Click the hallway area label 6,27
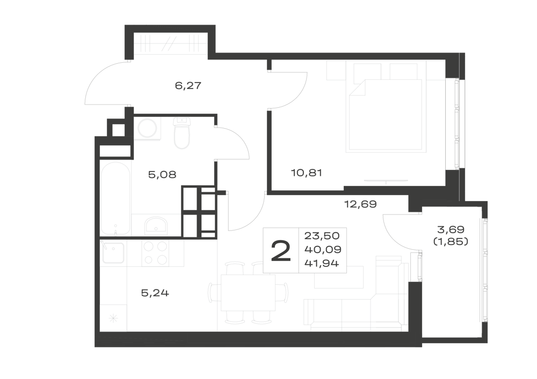[x=188, y=85]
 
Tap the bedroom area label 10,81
[x=307, y=173]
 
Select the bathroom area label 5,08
[x=162, y=175]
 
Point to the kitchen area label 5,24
[x=155, y=293]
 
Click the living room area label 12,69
[x=360, y=204]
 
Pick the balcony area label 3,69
[x=451, y=229]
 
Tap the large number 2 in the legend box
[x=281, y=250]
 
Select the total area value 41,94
[x=322, y=263]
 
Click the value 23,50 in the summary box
[x=322, y=236]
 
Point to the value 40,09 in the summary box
[x=323, y=249]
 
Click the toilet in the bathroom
[x=182, y=133]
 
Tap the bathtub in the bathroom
[x=115, y=198]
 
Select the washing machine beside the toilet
[x=147, y=129]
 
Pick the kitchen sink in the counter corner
[x=113, y=252]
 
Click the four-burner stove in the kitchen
[x=156, y=253]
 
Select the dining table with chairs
[x=248, y=293]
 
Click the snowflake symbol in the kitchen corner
[x=113, y=319]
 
